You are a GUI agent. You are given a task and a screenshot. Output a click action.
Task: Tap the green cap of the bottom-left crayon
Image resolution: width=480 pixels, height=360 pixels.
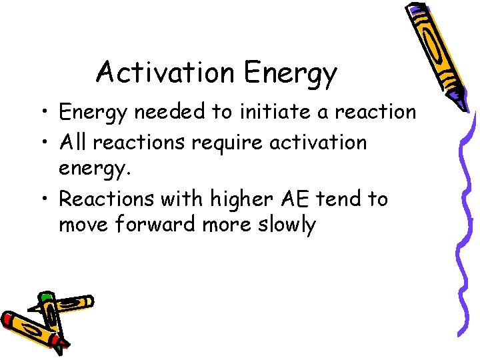point(45,296)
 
